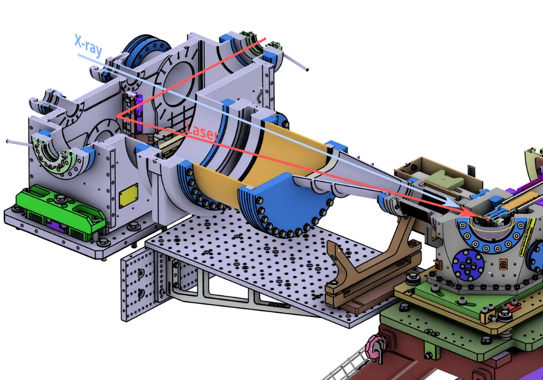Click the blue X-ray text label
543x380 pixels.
[89, 45]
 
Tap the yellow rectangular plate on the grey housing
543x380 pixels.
[129, 196]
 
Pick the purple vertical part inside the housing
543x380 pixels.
[139, 114]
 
